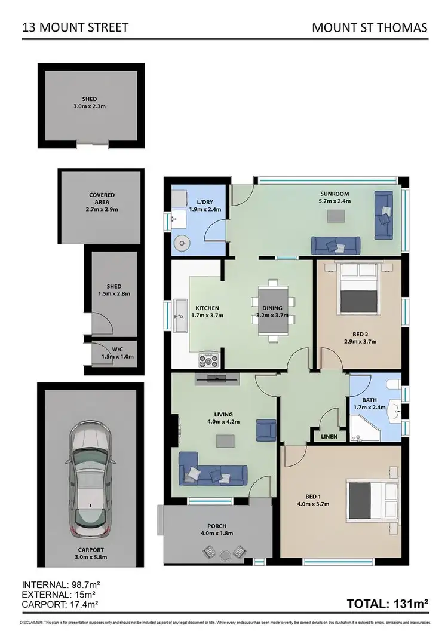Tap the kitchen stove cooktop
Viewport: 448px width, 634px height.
click(209, 360)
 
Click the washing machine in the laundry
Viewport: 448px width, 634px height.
click(182, 244)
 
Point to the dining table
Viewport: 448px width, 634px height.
click(274, 311)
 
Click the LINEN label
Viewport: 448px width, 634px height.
click(328, 437)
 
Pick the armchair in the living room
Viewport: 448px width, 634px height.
click(266, 430)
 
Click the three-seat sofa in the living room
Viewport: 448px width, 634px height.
click(213, 474)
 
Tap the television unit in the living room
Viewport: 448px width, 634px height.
click(217, 377)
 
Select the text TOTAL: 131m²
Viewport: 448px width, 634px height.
click(388, 604)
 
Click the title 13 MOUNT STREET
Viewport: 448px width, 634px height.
click(75, 27)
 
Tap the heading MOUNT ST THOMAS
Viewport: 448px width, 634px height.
click(370, 27)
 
